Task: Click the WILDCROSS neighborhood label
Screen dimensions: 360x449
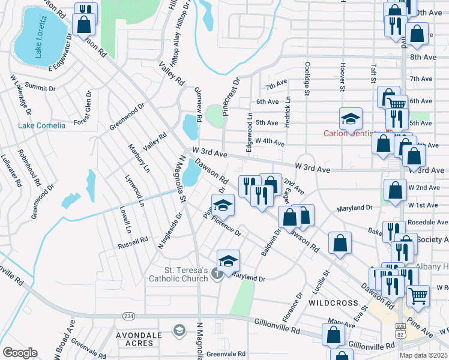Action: pyautogui.click(x=330, y=304)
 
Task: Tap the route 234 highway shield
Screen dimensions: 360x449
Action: pyautogui.click(x=128, y=316)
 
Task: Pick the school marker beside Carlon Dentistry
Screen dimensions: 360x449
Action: pyautogui.click(x=351, y=119)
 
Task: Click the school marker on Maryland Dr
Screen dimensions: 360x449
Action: pyautogui.click(x=228, y=261)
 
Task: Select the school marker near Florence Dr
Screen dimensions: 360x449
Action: pyautogui.click(x=223, y=205)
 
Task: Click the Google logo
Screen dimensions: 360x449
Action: pyautogui.click(x=20, y=353)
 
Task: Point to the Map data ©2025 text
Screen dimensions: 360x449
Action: pyautogui.click(x=423, y=355)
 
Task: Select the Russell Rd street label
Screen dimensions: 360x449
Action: pyautogui.click(x=133, y=242)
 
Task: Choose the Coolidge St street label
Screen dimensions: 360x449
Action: pyautogui.click(x=307, y=78)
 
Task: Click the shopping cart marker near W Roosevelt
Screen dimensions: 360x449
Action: pyautogui.click(x=418, y=295)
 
